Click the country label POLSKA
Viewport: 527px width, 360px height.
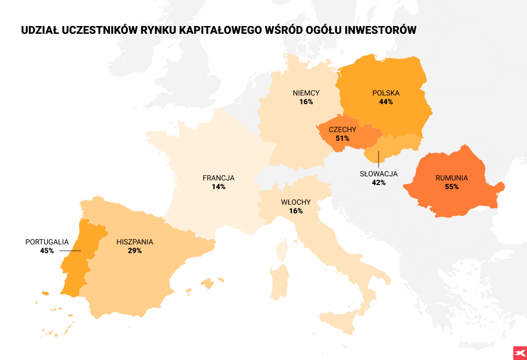coord(386,93)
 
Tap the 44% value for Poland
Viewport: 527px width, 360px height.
coord(386,102)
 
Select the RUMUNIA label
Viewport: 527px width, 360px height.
coord(452,178)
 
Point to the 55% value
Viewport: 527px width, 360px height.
coord(452,187)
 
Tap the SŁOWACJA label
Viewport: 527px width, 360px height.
coord(379,174)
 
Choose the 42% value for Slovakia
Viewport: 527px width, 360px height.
coord(379,182)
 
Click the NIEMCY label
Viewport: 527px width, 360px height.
coord(306,93)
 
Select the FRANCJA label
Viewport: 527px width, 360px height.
coord(218,178)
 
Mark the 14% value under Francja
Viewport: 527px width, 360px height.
coord(218,187)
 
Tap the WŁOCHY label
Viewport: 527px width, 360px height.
coord(296,202)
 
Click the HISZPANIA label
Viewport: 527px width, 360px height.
coord(135,242)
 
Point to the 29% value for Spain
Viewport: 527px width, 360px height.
coord(135,251)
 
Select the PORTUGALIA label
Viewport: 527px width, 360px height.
coord(47,242)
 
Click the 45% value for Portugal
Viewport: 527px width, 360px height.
coord(47,251)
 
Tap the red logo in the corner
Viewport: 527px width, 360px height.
coord(520,352)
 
